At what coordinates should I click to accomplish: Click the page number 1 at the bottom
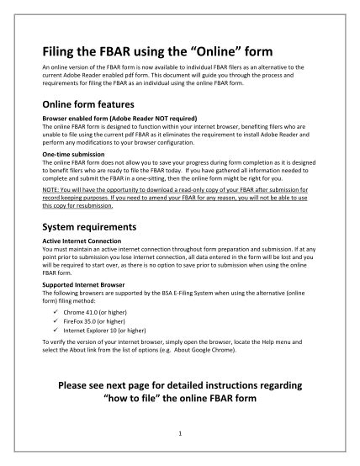[179, 433]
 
